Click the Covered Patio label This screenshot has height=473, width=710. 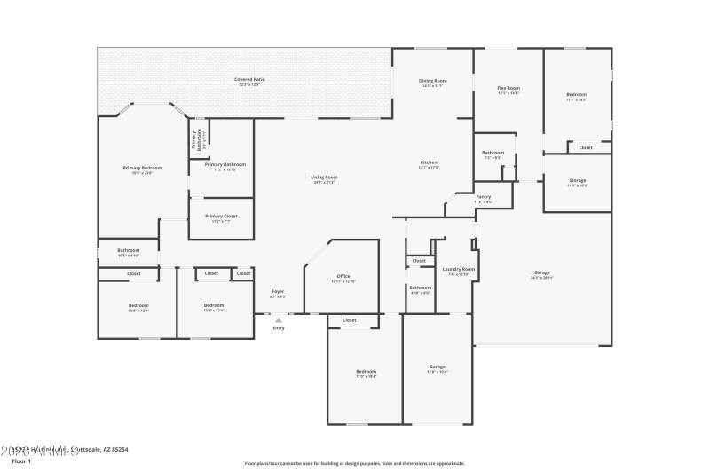(x=249, y=80)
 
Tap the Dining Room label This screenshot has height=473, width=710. (x=433, y=81)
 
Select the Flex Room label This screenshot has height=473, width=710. (x=508, y=88)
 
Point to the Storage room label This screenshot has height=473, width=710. (x=577, y=180)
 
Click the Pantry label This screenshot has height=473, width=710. (x=483, y=196)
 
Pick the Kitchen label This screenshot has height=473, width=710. (x=429, y=162)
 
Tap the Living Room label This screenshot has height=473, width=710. (x=324, y=177)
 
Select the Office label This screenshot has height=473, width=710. (x=343, y=276)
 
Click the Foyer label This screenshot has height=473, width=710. (x=278, y=291)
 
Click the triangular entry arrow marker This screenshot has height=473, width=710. (x=279, y=320)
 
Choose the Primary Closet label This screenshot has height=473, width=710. (x=220, y=216)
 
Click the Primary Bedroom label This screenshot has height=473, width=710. (x=142, y=168)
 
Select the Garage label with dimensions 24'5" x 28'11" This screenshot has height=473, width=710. (x=541, y=272)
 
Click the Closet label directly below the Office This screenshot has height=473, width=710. (x=350, y=320)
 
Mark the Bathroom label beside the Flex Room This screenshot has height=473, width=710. (x=493, y=153)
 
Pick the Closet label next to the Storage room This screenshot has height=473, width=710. (x=586, y=147)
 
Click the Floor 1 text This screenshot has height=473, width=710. (x=20, y=461)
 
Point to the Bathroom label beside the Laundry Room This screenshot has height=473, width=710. (x=420, y=288)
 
